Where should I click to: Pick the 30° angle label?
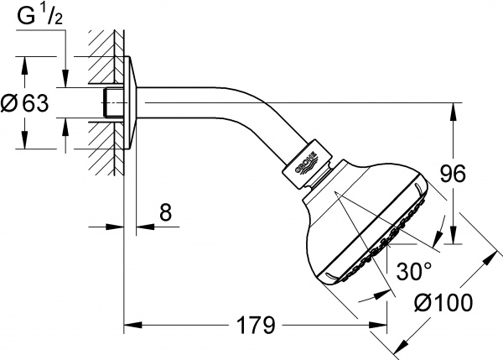413,272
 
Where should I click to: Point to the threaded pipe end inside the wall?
107,103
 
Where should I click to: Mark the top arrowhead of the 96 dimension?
454,107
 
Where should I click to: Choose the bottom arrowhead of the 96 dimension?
454,241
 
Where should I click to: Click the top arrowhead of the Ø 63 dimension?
25,61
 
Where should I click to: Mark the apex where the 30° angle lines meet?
334,193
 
